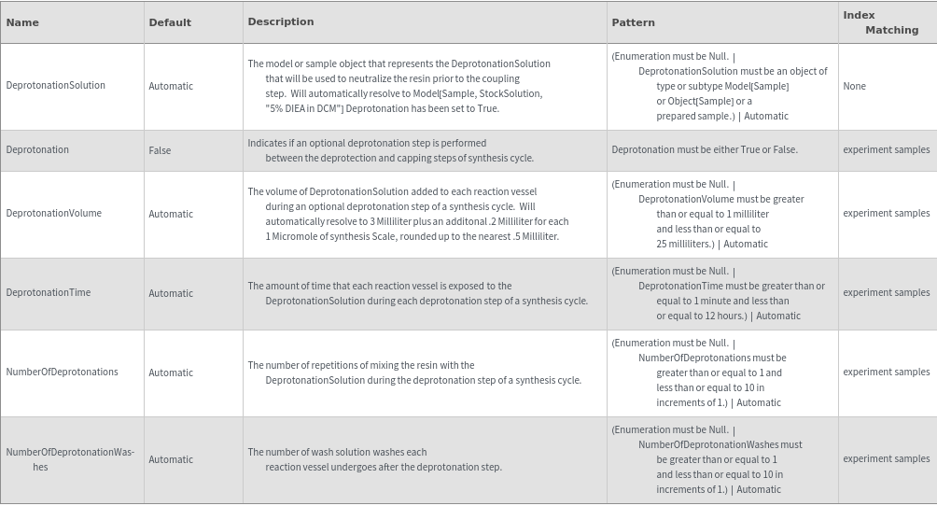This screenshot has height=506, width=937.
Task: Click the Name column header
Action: (x=22, y=22)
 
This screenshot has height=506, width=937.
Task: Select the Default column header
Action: (x=170, y=22)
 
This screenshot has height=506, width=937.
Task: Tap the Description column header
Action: (x=281, y=21)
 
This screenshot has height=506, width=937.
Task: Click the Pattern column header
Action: (x=633, y=22)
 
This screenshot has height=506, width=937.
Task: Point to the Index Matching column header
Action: (x=880, y=22)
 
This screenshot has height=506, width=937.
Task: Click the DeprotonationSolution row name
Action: (x=55, y=85)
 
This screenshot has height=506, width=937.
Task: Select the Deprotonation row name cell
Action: (x=37, y=149)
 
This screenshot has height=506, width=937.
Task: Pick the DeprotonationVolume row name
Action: (x=53, y=213)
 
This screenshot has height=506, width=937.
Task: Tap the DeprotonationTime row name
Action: (x=49, y=292)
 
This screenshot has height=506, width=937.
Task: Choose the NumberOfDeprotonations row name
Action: (x=62, y=372)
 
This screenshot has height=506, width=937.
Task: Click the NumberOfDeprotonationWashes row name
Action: (x=70, y=459)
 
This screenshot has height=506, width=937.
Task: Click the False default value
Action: (x=160, y=150)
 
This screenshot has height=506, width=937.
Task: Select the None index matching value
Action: (x=854, y=86)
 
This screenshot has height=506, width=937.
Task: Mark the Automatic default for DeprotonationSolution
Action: (x=171, y=86)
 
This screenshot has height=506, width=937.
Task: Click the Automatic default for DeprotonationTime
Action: (x=171, y=293)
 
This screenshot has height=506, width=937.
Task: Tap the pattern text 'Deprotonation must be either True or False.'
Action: (x=705, y=149)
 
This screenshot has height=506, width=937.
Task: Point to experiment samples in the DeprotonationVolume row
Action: (x=886, y=213)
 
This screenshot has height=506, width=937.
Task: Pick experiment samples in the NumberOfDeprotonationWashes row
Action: (x=886, y=458)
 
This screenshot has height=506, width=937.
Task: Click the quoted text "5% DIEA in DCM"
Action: (x=304, y=108)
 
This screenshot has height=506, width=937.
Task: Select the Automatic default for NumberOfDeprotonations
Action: (x=171, y=372)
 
